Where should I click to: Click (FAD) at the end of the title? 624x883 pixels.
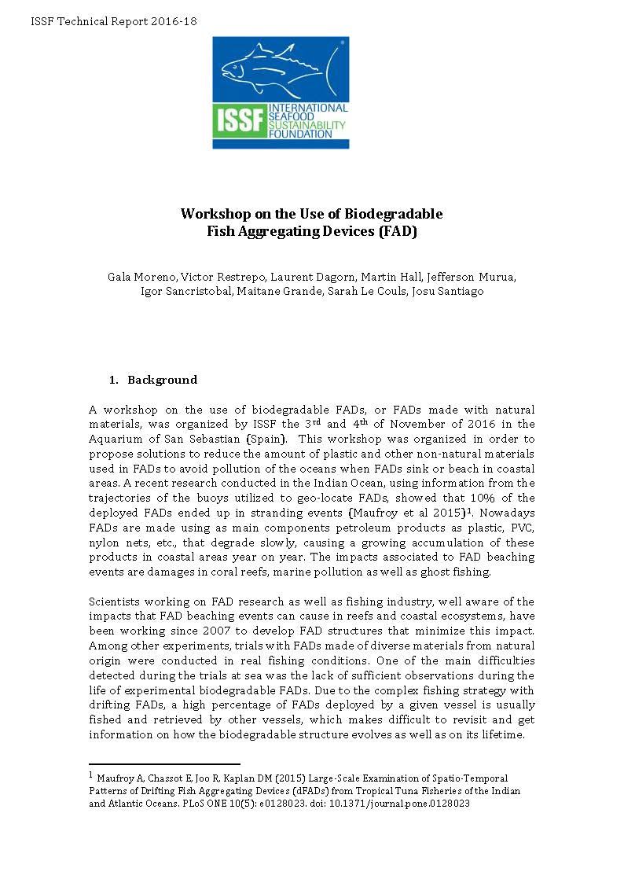(397, 231)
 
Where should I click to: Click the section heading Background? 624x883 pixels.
(162, 380)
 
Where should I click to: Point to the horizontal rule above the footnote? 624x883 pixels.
(164, 763)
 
